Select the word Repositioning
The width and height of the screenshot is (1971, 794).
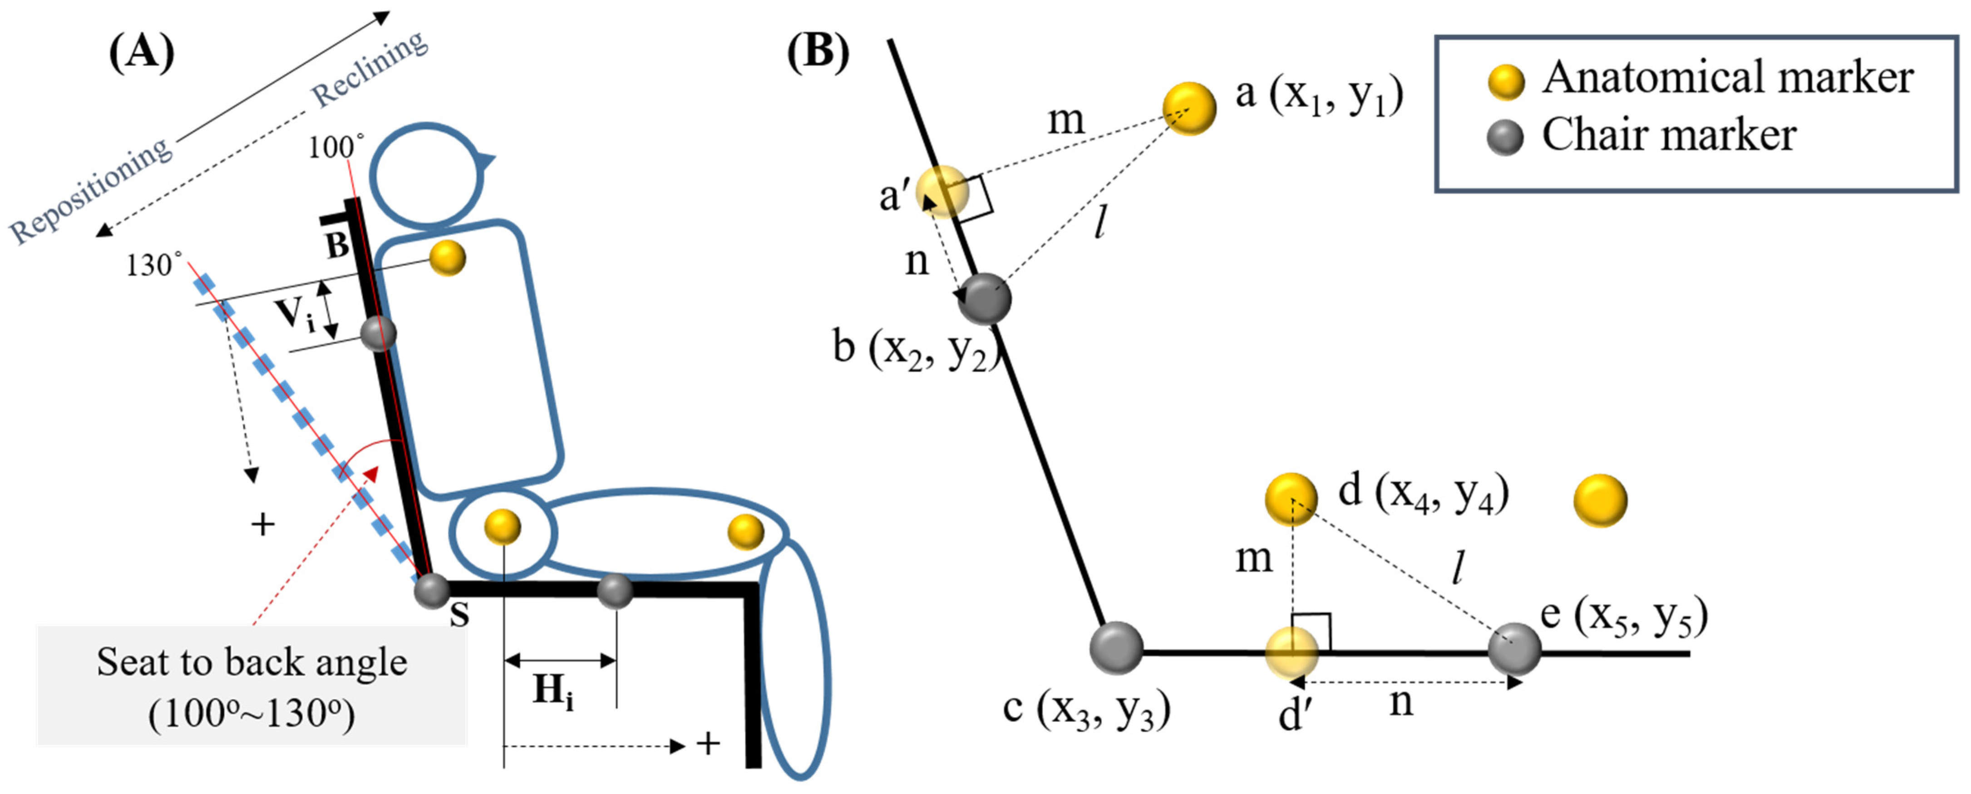coord(90,190)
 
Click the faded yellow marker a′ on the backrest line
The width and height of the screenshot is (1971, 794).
coord(942,191)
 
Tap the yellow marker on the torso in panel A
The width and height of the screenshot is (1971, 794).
coord(448,258)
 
